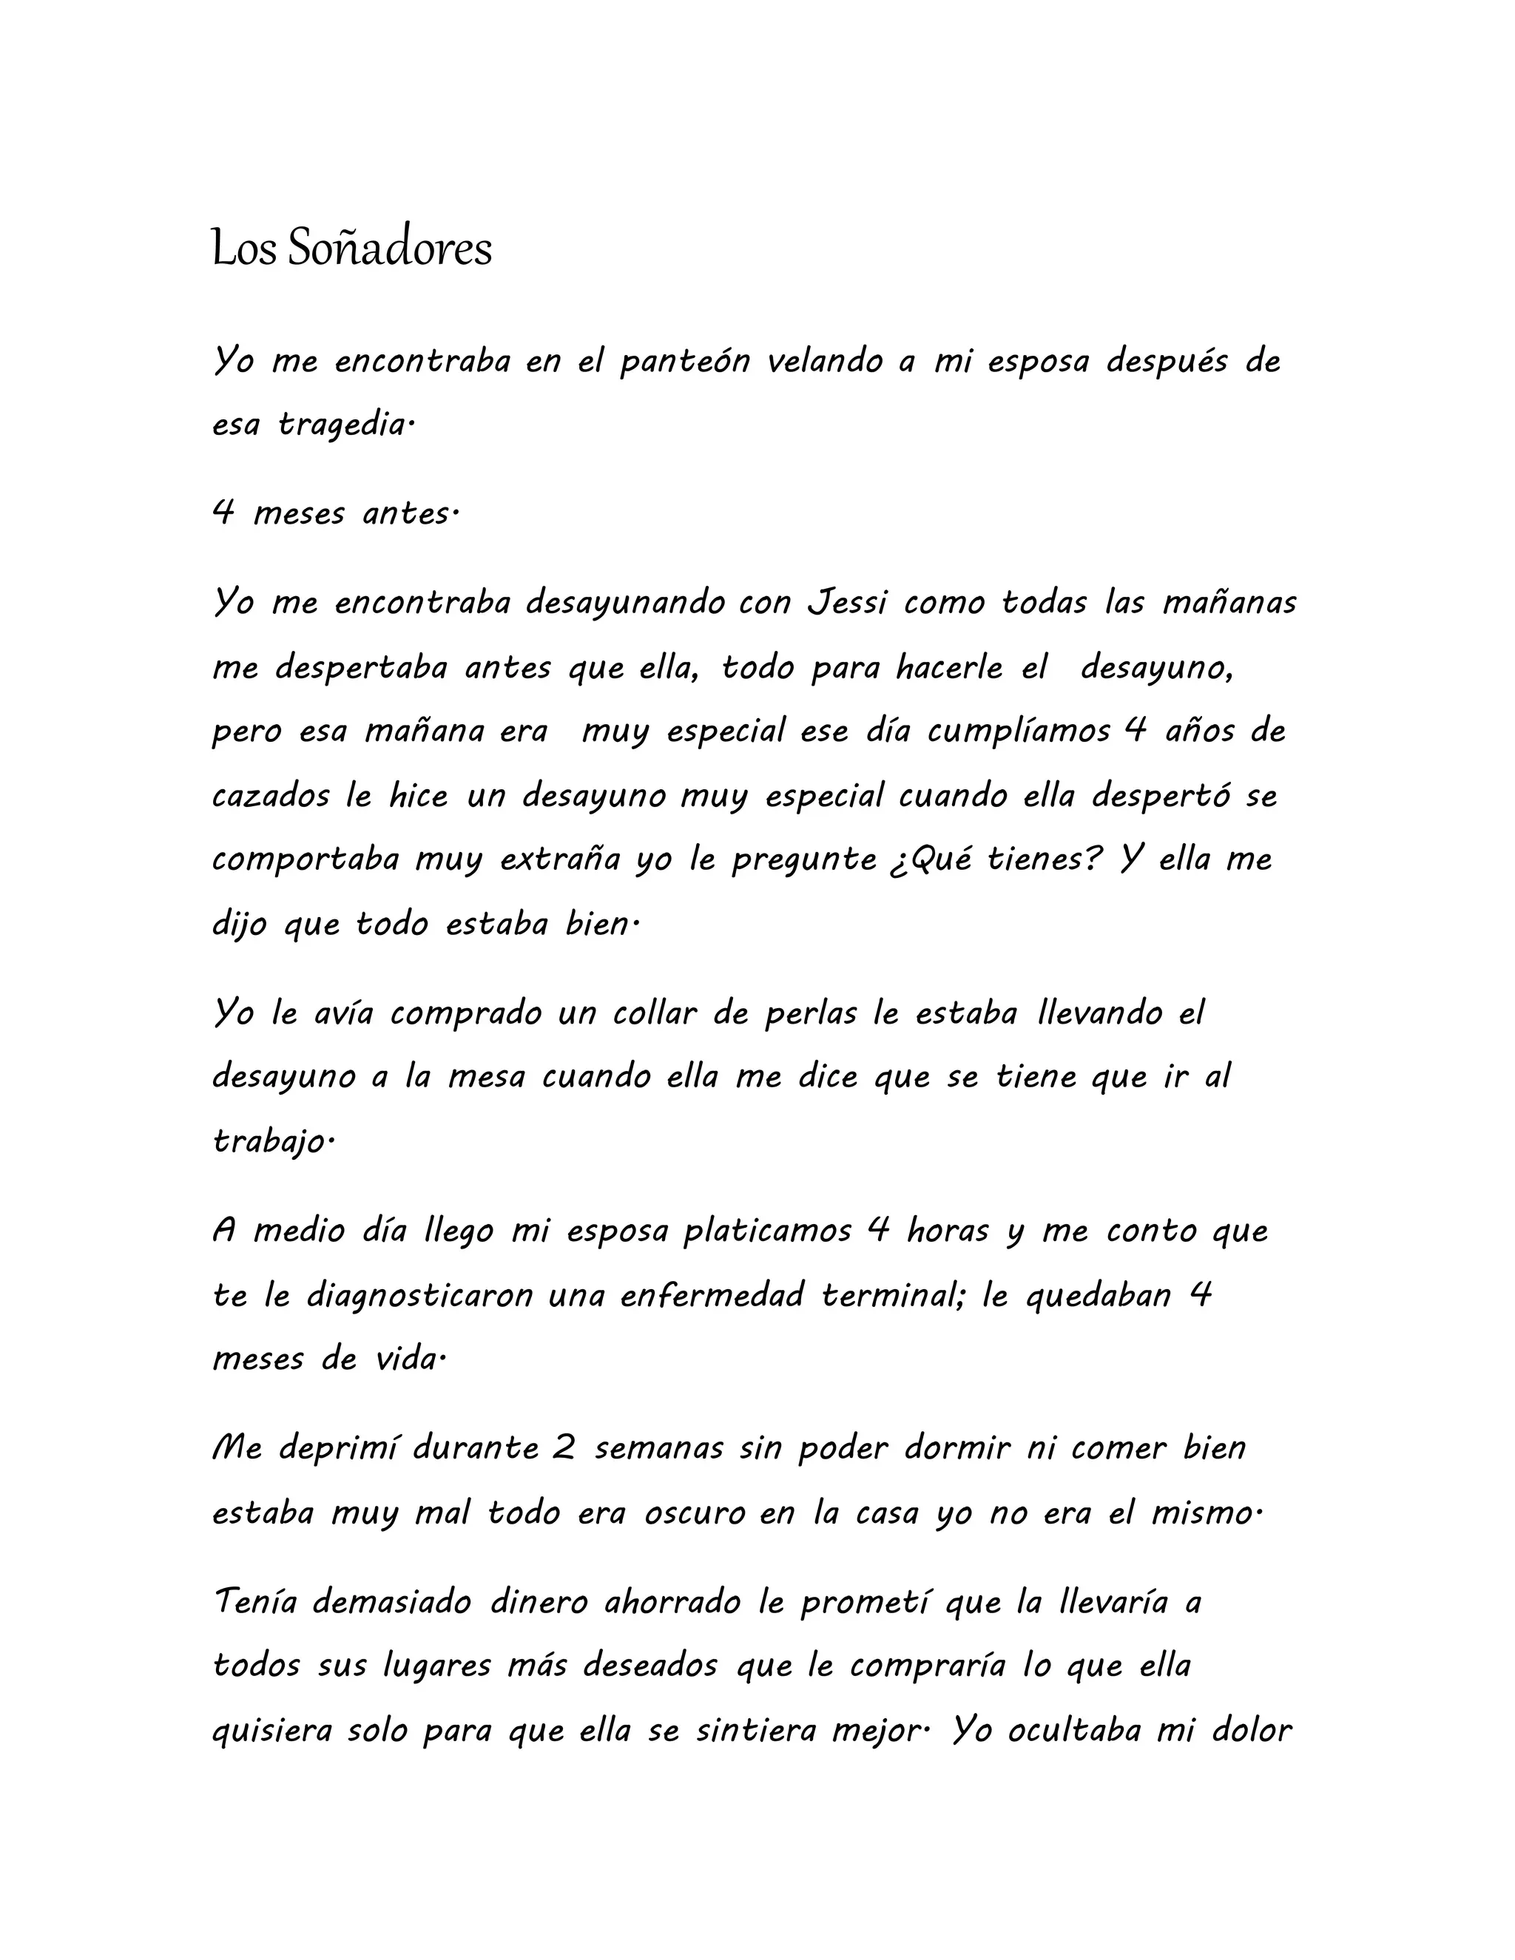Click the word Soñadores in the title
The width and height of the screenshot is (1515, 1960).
(390, 249)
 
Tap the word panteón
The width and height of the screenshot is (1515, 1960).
(685, 361)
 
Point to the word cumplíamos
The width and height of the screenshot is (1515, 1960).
(1019, 731)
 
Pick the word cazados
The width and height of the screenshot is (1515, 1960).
(270, 795)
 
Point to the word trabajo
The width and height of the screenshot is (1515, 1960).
(270, 1141)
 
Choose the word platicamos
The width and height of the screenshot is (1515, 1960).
(767, 1231)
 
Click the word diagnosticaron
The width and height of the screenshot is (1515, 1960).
(419, 1295)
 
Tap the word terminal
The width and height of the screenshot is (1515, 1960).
(892, 1295)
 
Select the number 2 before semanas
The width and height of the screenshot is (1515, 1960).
(563, 1448)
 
